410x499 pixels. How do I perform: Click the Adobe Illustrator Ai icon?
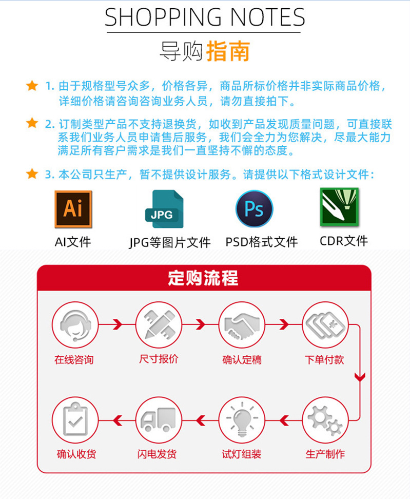[73, 209]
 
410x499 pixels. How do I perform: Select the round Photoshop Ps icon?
[254, 209]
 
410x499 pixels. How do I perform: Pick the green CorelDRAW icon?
[339, 207]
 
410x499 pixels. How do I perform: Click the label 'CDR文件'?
[343, 241]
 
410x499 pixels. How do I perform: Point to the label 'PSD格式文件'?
[261, 242]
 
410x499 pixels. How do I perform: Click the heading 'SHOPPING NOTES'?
[205, 18]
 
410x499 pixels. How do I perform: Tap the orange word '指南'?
[228, 52]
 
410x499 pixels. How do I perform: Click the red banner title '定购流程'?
[203, 278]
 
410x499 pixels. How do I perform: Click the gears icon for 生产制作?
[324, 420]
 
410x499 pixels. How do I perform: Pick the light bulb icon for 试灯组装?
[241, 420]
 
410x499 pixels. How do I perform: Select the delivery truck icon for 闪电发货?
[158, 420]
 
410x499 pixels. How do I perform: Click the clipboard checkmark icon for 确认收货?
[75, 420]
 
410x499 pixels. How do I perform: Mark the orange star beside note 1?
[32, 86]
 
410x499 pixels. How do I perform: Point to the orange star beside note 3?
[32, 174]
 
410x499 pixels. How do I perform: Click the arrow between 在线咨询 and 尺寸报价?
[116, 324]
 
